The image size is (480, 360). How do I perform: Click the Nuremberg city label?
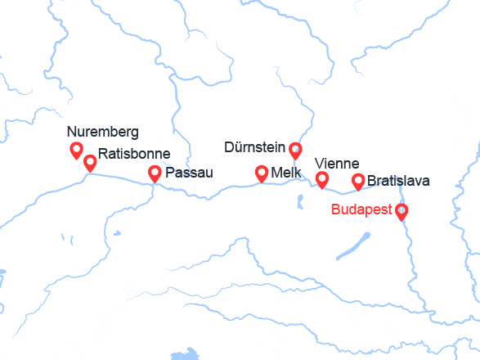tap(103, 132)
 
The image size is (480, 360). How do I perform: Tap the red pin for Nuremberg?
tap(76, 150)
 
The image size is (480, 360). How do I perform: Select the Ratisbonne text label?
tap(134, 153)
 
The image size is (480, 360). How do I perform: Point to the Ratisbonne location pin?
tap(90, 162)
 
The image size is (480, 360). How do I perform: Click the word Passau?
tap(189, 173)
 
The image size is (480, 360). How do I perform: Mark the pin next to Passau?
tap(155, 173)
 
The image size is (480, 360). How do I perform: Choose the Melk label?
tap(287, 173)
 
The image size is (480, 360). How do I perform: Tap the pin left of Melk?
tap(262, 173)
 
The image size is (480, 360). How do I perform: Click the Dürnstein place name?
tap(254, 148)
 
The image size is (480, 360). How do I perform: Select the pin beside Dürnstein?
tap(295, 149)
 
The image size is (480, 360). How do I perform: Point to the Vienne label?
tap(337, 164)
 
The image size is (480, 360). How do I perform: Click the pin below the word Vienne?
tap(322, 179)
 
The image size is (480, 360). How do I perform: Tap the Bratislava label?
tap(398, 181)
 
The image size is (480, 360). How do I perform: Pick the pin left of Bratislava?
tap(357, 181)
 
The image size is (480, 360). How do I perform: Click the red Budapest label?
tap(362, 209)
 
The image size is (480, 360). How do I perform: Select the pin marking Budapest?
tap(401, 211)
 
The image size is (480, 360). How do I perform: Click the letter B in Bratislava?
tap(372, 181)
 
